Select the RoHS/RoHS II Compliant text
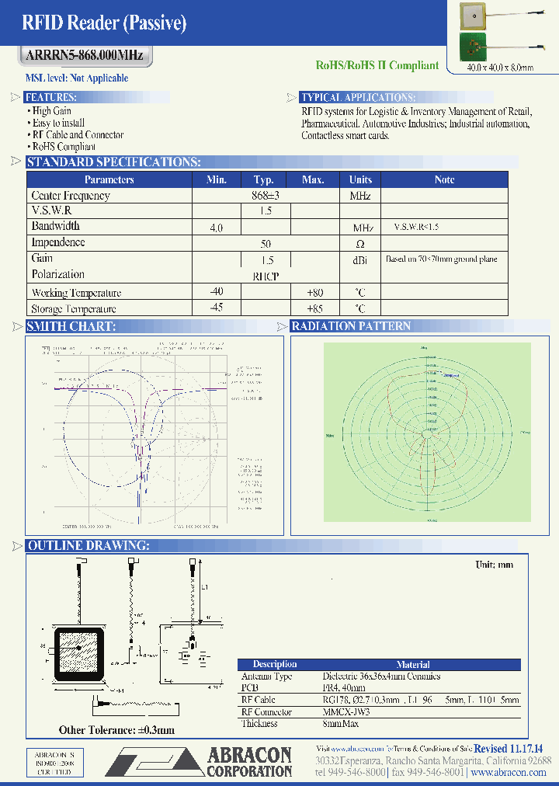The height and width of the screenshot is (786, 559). [x=377, y=66]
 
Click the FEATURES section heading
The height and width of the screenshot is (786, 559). [x=50, y=98]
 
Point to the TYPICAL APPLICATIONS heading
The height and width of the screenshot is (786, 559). [x=358, y=98]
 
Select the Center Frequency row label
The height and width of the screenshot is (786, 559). [x=71, y=196]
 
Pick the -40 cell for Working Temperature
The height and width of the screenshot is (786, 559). [x=216, y=292]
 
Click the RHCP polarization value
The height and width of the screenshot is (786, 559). [x=266, y=276]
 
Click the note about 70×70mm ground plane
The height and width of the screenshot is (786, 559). [x=441, y=259]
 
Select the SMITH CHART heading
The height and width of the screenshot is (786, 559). [x=71, y=326]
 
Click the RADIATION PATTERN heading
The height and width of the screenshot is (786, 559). [x=351, y=326]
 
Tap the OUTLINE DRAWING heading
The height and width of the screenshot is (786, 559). [x=88, y=546]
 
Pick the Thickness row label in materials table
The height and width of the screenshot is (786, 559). [x=259, y=724]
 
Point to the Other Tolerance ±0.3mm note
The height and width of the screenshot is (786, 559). [x=116, y=730]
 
